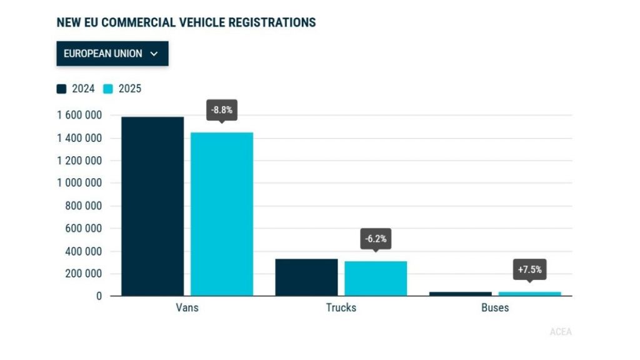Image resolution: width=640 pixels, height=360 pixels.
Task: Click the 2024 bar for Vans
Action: coord(152,206)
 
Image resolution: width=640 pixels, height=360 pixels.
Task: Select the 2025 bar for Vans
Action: coord(222,214)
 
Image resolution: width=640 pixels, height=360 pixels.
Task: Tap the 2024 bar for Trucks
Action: coord(306,277)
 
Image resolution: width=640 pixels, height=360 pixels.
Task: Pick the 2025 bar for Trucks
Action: coord(376,279)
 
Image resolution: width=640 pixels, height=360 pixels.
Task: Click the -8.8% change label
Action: coord(222,109)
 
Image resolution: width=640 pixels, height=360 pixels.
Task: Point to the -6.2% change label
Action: coord(376,238)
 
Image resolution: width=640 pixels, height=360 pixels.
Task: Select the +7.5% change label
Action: coord(529,270)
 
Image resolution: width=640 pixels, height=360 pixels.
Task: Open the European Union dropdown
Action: coord(112,54)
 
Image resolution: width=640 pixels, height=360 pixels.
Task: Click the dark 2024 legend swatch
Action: coord(62,89)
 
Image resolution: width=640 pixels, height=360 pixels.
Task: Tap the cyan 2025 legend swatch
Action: coord(108,89)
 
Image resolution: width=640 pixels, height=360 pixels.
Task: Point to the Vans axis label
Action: coord(187,307)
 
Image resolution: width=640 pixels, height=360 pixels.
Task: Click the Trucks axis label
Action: coord(341,307)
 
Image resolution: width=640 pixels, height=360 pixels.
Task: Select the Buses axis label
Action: coord(495,307)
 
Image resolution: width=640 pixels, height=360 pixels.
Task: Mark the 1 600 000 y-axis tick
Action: coord(78,116)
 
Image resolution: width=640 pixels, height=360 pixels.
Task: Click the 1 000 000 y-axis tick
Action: coord(78,183)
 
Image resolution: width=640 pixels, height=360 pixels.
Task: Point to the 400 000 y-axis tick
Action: coord(83,251)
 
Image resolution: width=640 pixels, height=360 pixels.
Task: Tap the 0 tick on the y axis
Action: coord(99,296)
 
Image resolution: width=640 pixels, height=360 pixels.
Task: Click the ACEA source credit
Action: coord(561,332)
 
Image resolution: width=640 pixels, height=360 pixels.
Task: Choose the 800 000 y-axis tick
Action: coord(83,206)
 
